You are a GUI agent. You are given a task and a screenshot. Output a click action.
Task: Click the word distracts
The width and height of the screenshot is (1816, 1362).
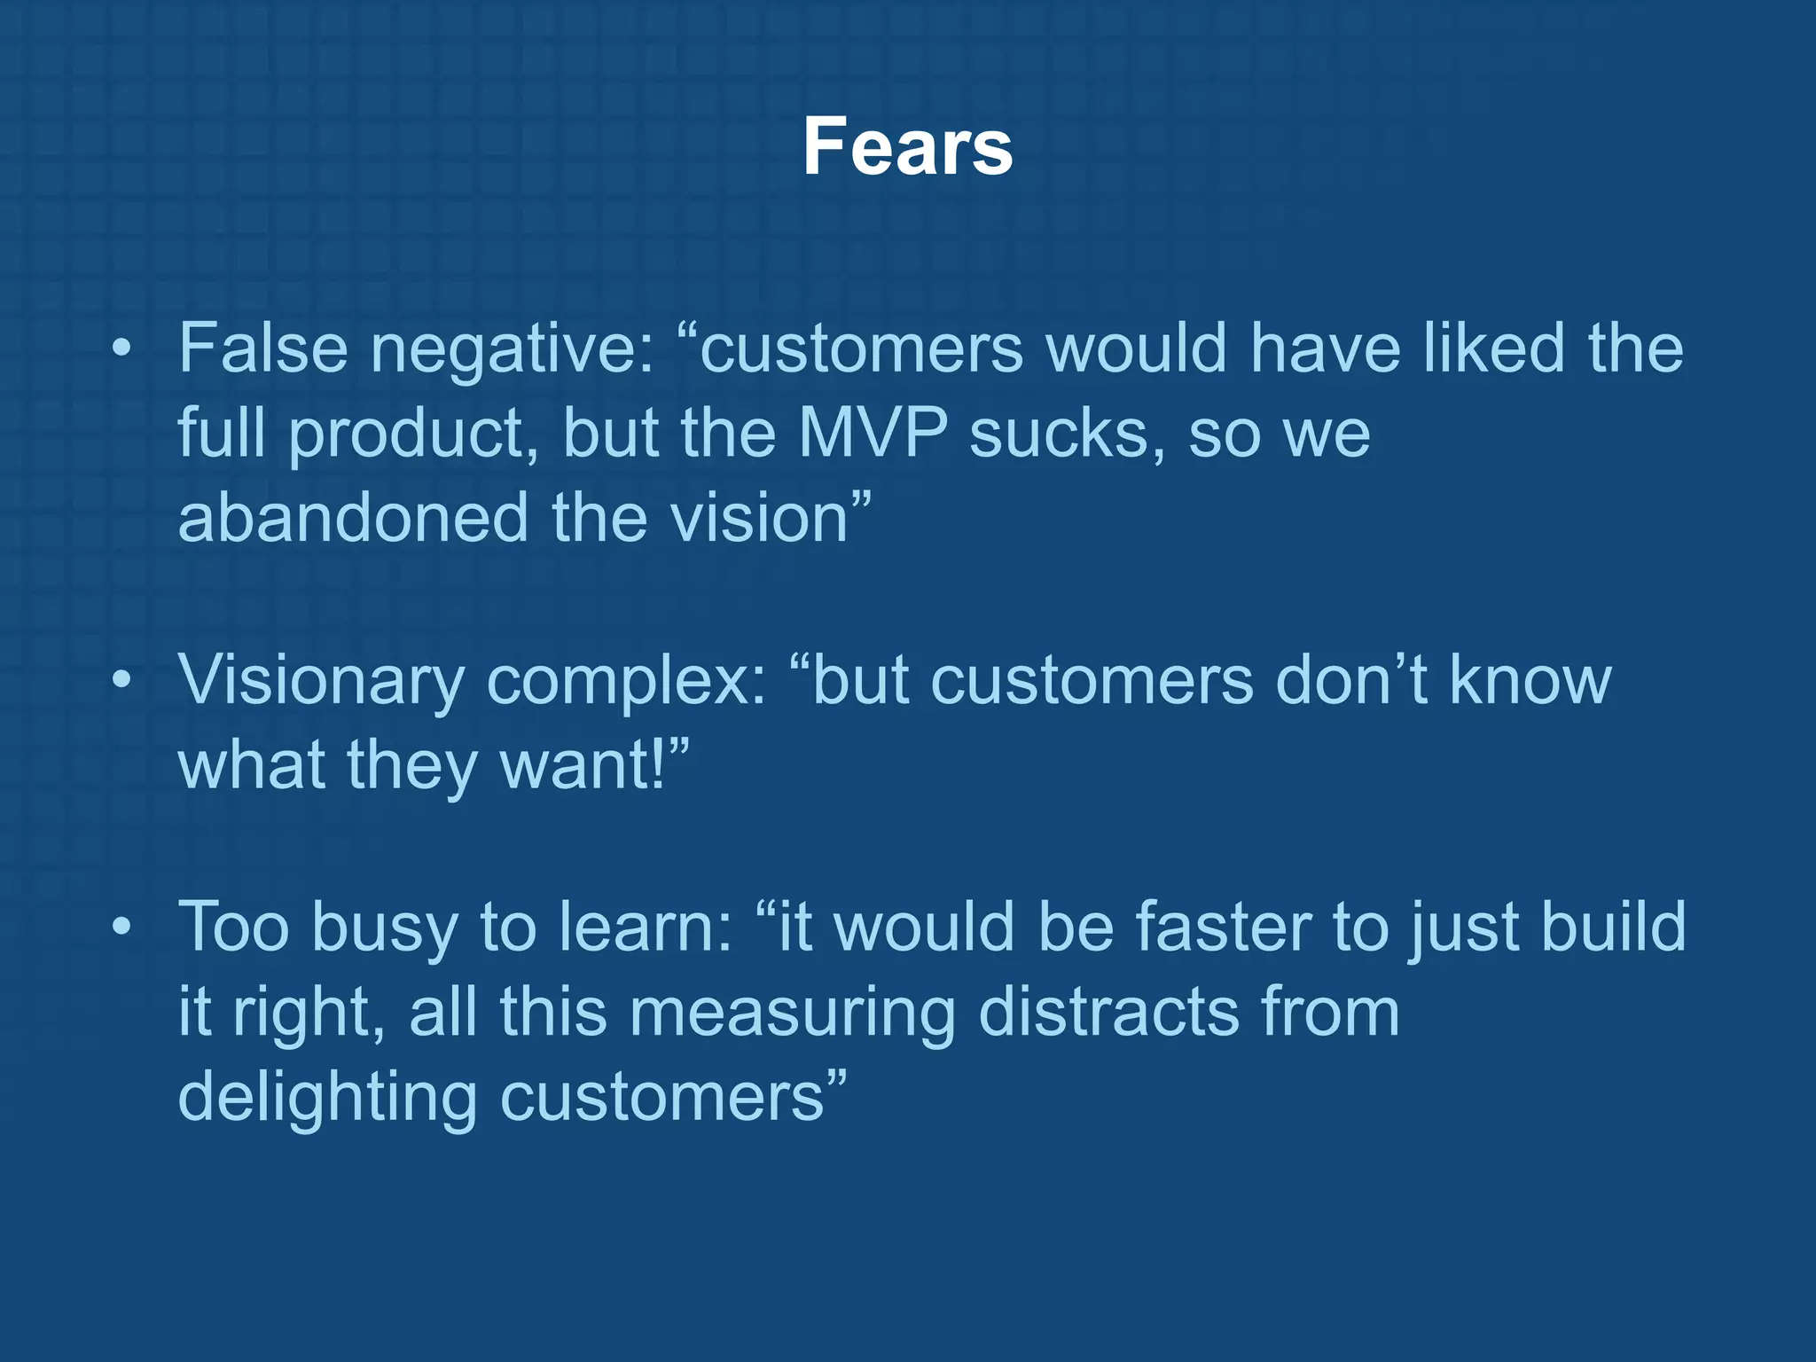click(1108, 1012)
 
